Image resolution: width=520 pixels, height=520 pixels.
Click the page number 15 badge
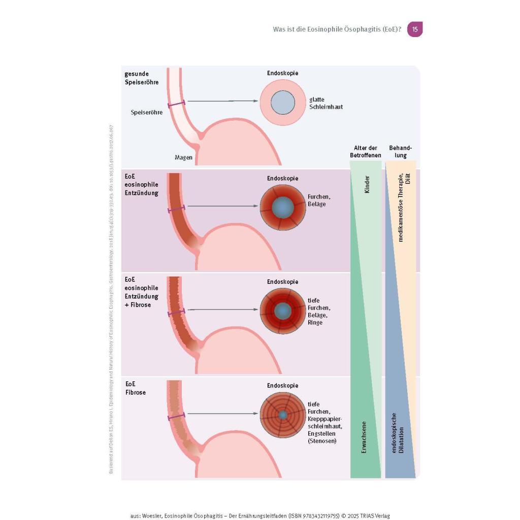[x=415, y=29]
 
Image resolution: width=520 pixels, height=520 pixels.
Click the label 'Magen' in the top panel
[x=183, y=157]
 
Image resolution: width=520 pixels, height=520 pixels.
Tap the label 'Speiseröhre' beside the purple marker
[x=147, y=112]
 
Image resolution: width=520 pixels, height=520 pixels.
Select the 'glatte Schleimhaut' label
[x=326, y=103]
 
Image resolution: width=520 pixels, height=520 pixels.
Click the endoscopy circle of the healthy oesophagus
[x=283, y=103]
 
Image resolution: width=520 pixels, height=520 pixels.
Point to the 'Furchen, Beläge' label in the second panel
[x=316, y=200]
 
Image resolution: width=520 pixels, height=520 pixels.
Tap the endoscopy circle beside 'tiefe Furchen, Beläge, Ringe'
[x=283, y=311]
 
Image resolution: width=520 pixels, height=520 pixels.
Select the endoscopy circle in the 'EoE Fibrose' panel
[x=283, y=415]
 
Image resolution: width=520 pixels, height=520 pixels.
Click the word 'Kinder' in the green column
[x=367, y=184]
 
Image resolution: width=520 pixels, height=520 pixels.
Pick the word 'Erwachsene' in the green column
[x=364, y=436]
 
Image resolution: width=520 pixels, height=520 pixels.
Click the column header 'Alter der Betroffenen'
[x=365, y=151]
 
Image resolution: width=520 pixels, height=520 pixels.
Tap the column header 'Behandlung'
[x=399, y=151]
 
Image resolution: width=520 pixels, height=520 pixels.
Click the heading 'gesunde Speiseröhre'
[x=142, y=77]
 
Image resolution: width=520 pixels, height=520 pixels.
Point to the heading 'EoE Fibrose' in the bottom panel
[x=135, y=388]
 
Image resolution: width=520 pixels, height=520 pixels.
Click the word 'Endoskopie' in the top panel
[x=283, y=73]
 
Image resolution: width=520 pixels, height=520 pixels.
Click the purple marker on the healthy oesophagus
[x=177, y=104]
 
